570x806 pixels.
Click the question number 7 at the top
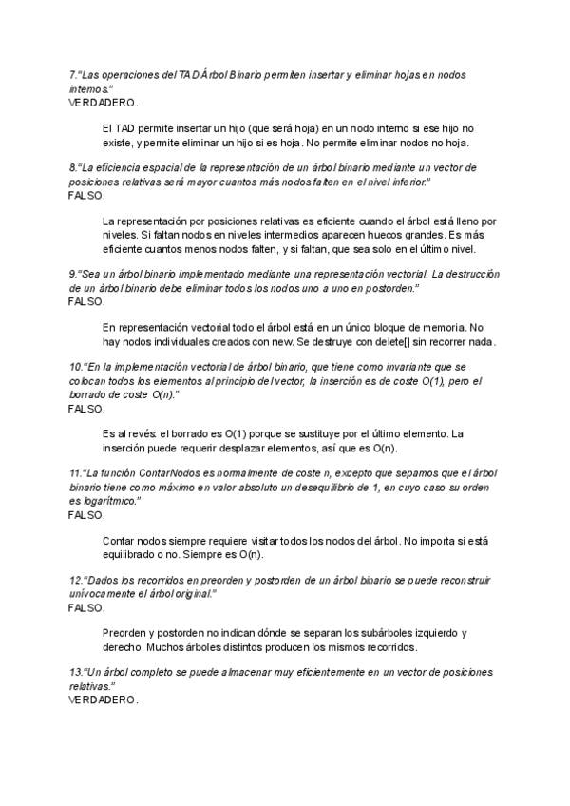(72, 74)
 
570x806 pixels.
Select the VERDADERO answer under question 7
(103, 101)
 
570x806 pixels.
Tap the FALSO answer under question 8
(86, 194)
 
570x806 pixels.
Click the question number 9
(72, 274)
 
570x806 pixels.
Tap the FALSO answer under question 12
(86, 606)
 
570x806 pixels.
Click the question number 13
(75, 673)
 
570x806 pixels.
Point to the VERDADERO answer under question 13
(103, 700)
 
